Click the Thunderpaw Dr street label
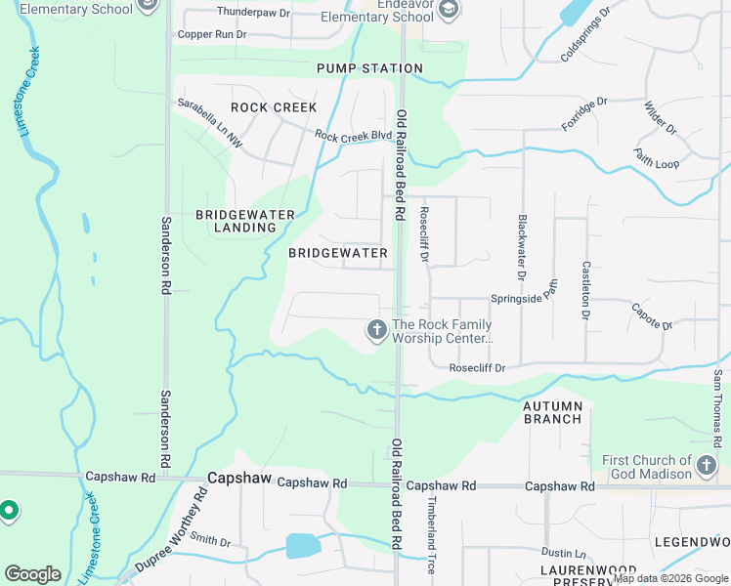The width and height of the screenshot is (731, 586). point(253,13)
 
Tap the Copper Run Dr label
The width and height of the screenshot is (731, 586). point(213,34)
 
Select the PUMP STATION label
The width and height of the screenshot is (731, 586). point(369,68)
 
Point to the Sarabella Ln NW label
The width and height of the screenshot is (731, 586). point(209,122)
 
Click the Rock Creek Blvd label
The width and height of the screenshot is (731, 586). point(346,137)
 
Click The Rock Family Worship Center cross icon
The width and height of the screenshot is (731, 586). point(376,331)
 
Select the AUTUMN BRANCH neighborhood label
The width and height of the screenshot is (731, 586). point(552,412)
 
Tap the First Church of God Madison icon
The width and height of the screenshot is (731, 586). point(707,467)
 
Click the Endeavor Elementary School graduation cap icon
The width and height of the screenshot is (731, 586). point(448,11)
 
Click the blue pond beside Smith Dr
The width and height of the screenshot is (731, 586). point(302,545)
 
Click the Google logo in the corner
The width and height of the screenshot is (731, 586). point(32,574)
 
